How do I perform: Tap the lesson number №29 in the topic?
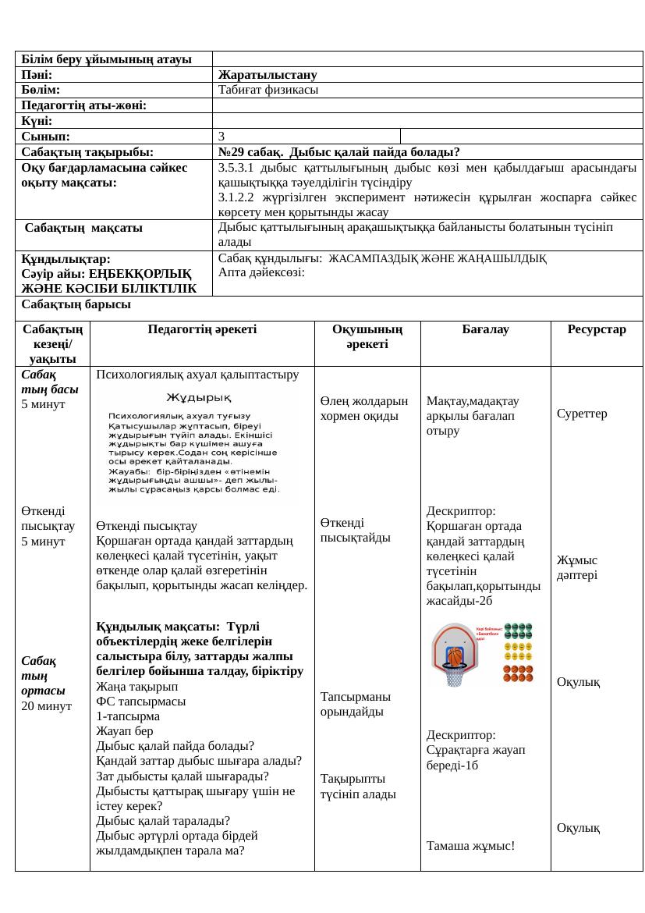coord(233,152)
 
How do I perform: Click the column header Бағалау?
coord(485,330)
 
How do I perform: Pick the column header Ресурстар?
coord(597,330)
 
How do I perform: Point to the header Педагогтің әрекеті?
coord(202,330)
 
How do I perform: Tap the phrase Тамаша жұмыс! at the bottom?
coord(470,845)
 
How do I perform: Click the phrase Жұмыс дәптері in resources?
coord(577,567)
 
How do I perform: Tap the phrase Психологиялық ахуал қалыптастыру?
coord(193,375)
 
